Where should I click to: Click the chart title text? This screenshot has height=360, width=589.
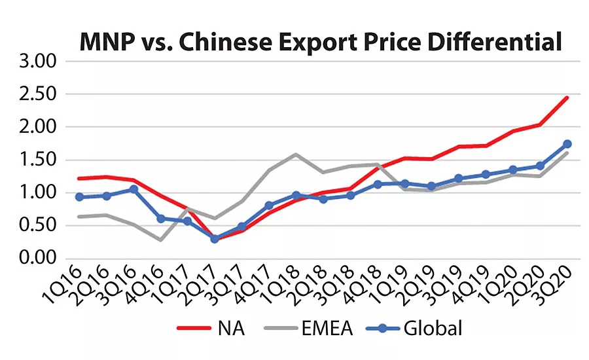(x=321, y=42)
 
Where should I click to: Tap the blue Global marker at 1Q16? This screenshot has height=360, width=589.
(x=80, y=197)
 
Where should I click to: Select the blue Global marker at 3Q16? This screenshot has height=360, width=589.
(x=134, y=189)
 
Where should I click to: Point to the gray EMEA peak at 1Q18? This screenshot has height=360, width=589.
(x=296, y=154)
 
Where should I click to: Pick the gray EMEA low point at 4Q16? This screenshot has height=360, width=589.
(x=160, y=240)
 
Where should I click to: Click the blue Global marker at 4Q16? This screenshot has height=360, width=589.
(x=160, y=219)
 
